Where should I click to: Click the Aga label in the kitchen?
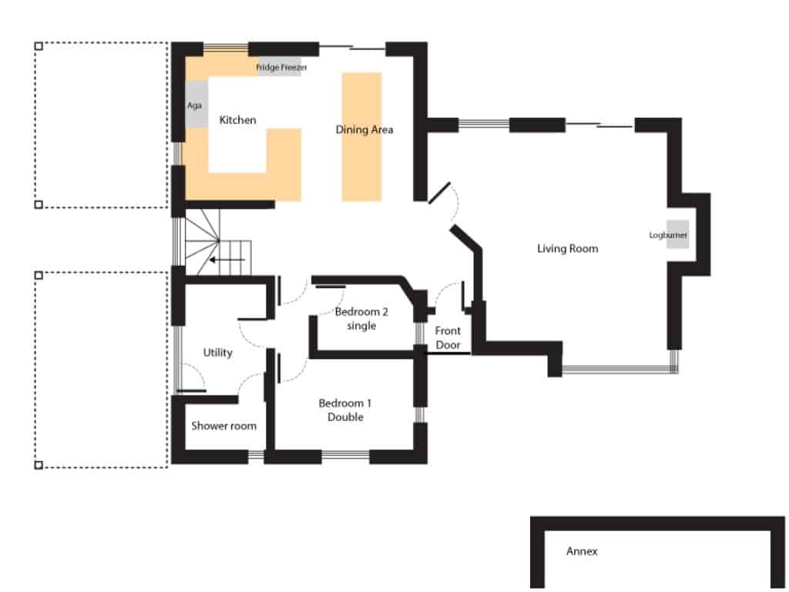(194, 106)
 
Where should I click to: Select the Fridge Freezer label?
(281, 68)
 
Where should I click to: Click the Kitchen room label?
(237, 120)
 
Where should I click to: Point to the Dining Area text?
(364, 129)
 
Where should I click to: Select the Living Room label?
(567, 248)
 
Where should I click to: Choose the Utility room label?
(217, 352)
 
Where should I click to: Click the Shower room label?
(223, 425)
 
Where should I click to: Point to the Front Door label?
(448, 338)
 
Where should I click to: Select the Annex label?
(582, 551)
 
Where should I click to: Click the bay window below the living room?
(619, 370)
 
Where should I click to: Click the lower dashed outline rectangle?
(102, 369)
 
